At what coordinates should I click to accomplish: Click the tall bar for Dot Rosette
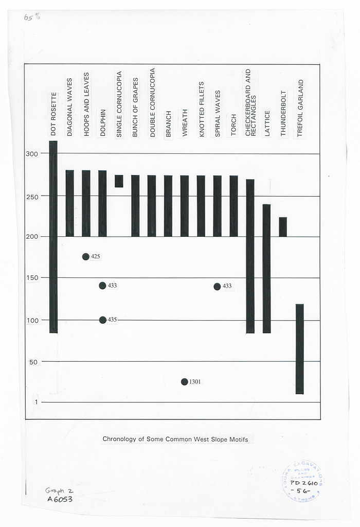coord(53,237)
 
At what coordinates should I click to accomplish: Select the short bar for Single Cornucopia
coord(119,181)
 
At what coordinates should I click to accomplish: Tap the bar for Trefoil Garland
coord(300,349)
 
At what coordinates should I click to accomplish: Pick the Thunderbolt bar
coord(283,227)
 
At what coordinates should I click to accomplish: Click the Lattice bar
coord(266,269)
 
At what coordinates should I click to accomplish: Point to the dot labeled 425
coord(86,257)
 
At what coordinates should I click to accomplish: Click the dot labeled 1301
coord(184,382)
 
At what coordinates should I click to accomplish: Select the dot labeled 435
coord(103,320)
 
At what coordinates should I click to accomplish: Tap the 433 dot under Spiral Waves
coord(218,286)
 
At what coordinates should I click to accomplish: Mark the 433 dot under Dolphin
coord(103,286)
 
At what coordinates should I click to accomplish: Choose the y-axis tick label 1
coord(35,402)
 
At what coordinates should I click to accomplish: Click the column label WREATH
coord(185,122)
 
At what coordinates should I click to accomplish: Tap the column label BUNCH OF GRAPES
coord(136,108)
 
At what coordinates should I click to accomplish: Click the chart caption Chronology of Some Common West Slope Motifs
coord(175,439)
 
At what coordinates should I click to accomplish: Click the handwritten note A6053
coord(60,499)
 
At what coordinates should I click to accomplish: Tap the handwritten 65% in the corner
coord(31,17)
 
